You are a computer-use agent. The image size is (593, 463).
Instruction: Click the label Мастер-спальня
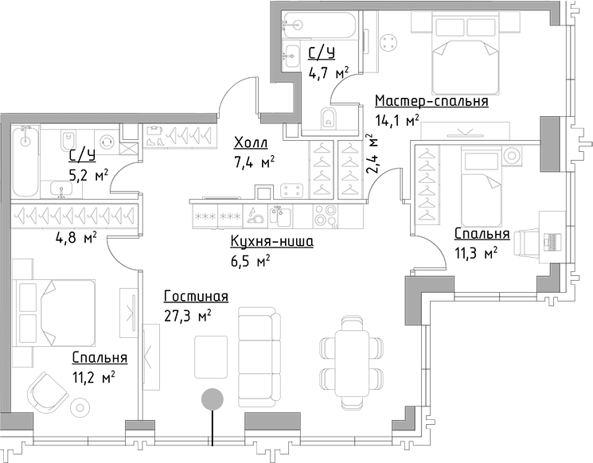pos(431,102)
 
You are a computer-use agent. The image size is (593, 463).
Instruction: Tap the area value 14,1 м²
pos(396,121)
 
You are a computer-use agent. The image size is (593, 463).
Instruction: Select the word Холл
pos(251,143)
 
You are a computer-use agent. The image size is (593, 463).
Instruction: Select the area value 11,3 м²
pos(476,253)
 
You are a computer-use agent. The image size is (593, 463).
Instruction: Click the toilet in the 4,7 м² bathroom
pos(328,120)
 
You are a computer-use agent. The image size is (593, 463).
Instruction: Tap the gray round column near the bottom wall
pos(212,399)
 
